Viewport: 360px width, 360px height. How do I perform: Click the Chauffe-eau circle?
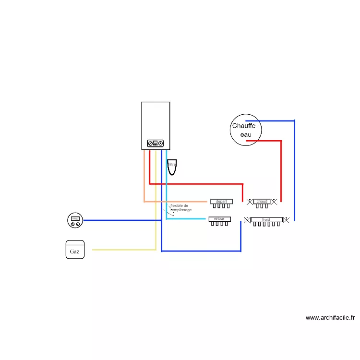[x=245, y=130]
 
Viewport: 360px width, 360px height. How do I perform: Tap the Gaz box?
[x=75, y=250]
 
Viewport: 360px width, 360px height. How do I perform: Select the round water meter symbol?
[x=75, y=220]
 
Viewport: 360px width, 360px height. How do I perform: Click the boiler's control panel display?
[x=156, y=143]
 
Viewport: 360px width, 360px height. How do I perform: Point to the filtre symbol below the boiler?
[x=172, y=166]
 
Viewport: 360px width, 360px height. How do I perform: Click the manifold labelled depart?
[x=221, y=202]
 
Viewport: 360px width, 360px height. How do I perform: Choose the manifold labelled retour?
[x=219, y=219]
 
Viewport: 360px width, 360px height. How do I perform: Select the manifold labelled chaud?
[x=261, y=202]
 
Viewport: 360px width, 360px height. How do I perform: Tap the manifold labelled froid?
[x=266, y=220]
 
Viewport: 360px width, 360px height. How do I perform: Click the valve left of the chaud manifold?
[x=250, y=202]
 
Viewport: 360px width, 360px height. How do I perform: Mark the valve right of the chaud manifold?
[x=274, y=202]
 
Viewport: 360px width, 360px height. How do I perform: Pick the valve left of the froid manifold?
[x=247, y=220]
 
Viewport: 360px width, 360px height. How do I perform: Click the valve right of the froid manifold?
[x=287, y=220]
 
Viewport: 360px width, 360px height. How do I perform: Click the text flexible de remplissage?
[x=181, y=208]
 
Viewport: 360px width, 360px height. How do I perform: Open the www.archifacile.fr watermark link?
[x=330, y=317]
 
